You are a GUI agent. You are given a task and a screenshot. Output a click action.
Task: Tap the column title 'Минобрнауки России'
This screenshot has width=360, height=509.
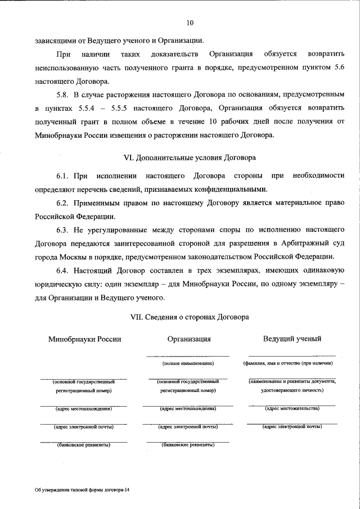(x=84, y=339)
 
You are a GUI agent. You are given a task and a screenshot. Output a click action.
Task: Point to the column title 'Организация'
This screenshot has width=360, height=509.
(x=189, y=339)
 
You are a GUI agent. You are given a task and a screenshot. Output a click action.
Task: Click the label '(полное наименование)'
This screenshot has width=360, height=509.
(x=188, y=363)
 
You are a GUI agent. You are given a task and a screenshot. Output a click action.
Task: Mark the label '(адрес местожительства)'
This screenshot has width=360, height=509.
(x=292, y=408)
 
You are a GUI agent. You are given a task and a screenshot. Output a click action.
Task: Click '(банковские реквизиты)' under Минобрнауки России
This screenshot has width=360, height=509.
(x=84, y=445)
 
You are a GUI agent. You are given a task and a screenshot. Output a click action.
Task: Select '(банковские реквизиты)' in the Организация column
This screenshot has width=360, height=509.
(x=188, y=445)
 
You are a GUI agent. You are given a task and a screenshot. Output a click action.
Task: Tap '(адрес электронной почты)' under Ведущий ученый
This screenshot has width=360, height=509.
(x=292, y=427)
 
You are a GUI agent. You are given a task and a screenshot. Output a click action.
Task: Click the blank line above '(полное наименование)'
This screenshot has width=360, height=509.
(x=188, y=356)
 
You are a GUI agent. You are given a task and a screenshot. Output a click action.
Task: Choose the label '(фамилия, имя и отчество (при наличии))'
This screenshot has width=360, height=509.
(x=292, y=363)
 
